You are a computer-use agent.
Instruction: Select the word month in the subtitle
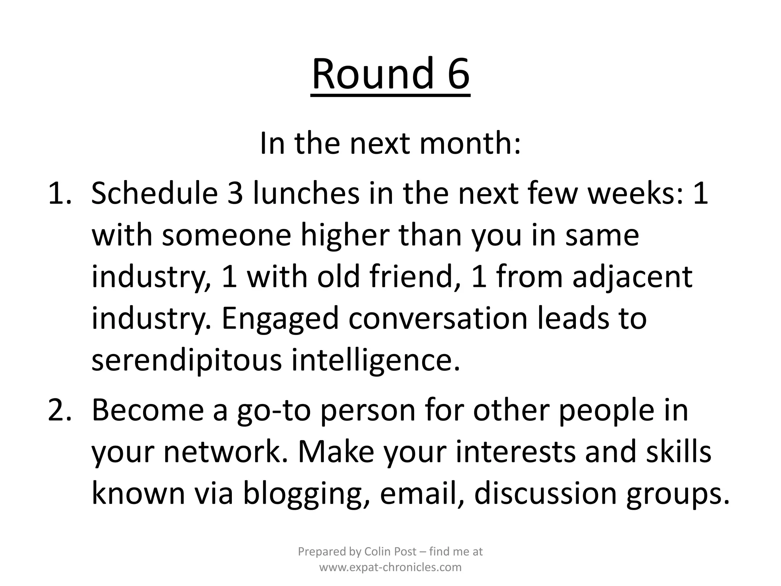click(x=469, y=144)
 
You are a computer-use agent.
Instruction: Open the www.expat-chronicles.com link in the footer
click(x=390, y=567)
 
